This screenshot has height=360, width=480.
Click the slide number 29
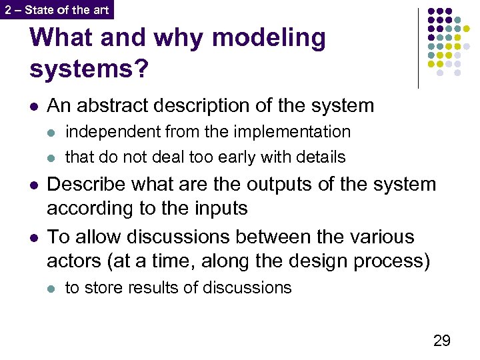(441, 341)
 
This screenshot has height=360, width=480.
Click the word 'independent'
(113, 132)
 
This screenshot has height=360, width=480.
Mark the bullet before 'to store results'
(52, 289)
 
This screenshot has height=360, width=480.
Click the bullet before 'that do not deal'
(52, 158)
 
